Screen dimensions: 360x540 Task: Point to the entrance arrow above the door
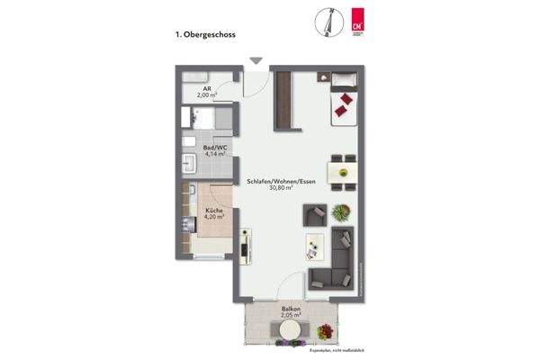pos(256,61)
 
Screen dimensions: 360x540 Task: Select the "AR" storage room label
pos(206,88)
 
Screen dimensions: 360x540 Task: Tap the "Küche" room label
pos(212,211)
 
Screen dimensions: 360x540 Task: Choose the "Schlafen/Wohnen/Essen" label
pos(282,182)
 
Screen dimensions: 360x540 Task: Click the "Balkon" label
pos(290,308)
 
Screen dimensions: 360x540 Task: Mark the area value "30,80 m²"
pos(282,189)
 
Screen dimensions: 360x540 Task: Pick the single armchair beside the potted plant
pos(314,215)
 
